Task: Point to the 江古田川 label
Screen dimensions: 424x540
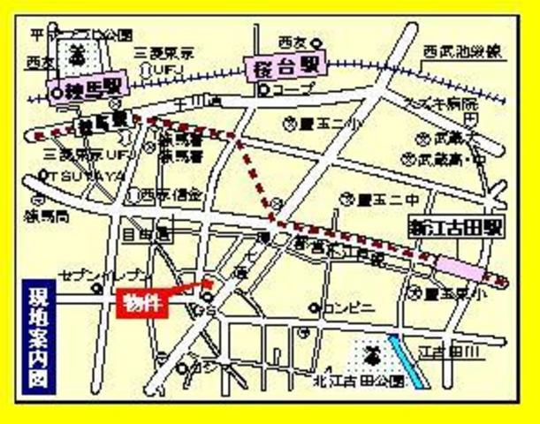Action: pos(461,353)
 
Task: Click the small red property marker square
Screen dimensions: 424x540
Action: pos(209,284)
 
